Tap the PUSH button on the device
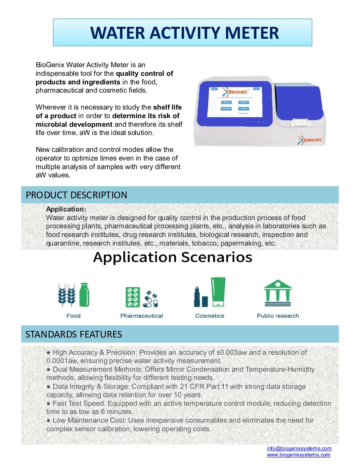tap(300, 122)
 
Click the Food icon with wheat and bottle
tap(73, 295)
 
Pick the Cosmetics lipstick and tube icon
tap(210, 293)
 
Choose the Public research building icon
tap(278, 293)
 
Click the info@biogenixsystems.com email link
tap(299, 448)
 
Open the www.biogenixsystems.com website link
tap(298, 455)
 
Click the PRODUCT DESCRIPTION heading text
tap(76, 195)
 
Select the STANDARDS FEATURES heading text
tap(73, 334)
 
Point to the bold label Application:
tap(66, 209)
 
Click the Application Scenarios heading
tap(173, 257)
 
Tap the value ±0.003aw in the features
tap(232, 352)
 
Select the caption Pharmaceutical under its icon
tap(142, 316)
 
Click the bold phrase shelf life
tap(167, 107)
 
